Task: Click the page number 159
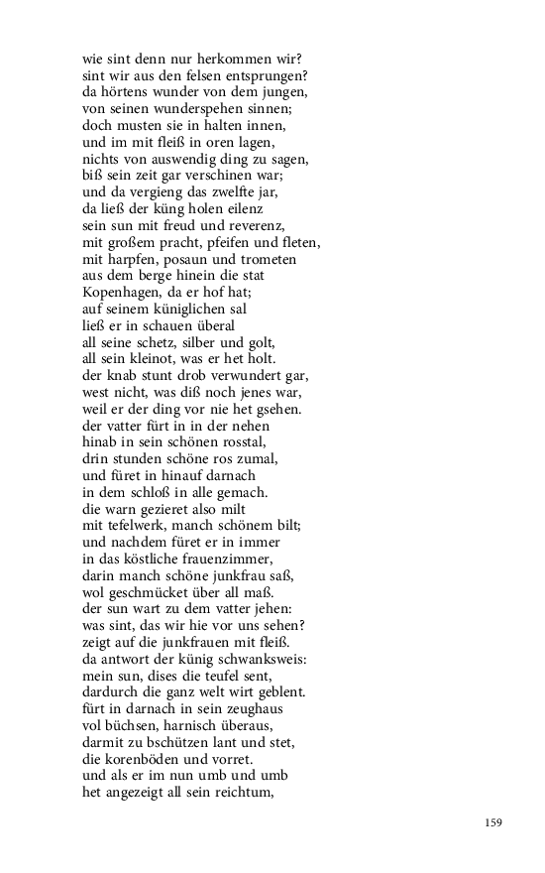(x=494, y=822)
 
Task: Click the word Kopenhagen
(x=121, y=293)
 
